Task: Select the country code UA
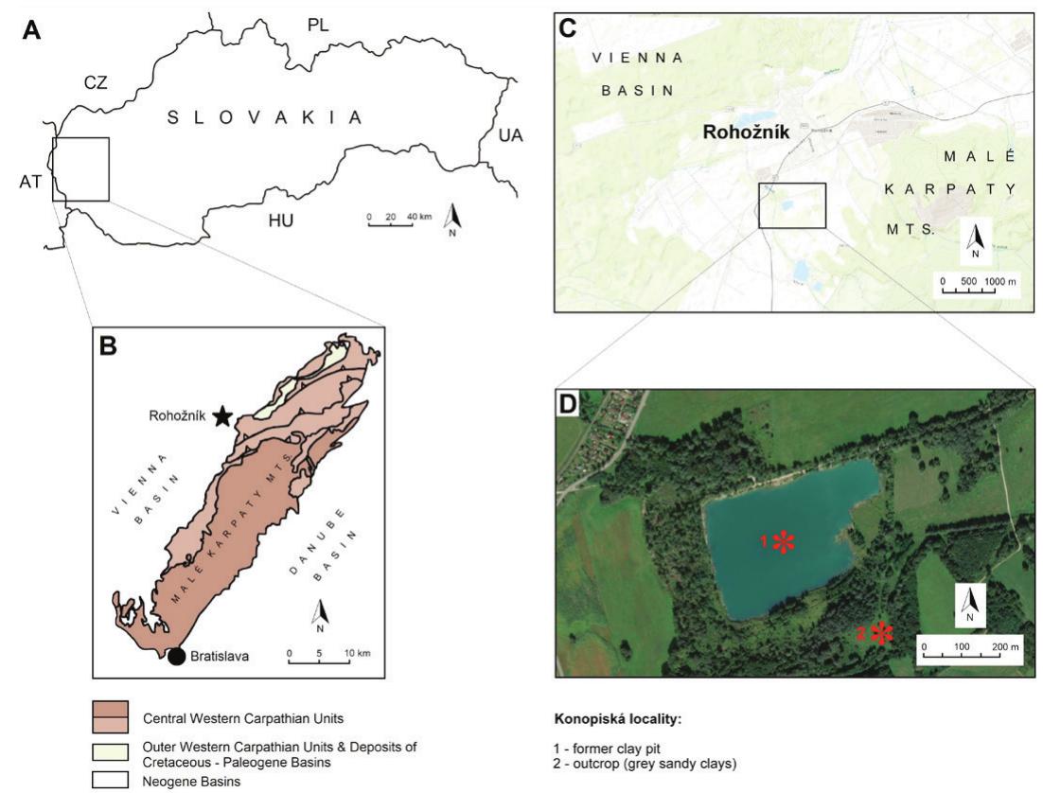510,137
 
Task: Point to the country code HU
280,220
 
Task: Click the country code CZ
96,82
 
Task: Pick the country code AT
30,181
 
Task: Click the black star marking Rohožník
222,415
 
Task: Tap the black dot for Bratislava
176,657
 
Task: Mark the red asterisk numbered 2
882,633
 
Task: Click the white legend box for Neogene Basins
111,781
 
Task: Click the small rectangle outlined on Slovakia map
81,169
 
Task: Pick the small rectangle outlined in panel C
792,205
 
